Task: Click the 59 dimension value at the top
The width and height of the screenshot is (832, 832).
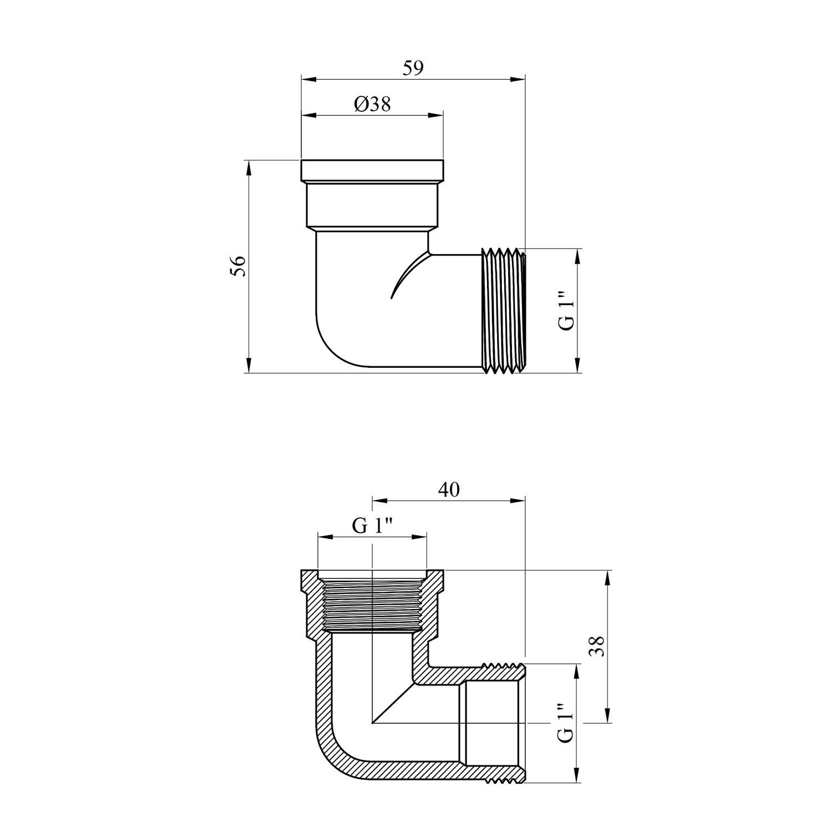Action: click(413, 68)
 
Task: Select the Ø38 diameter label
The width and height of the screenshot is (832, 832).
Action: click(372, 104)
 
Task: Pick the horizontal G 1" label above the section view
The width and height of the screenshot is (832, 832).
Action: click(372, 525)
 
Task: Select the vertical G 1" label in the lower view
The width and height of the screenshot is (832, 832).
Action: click(564, 723)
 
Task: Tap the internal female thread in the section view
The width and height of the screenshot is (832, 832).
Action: click(372, 605)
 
